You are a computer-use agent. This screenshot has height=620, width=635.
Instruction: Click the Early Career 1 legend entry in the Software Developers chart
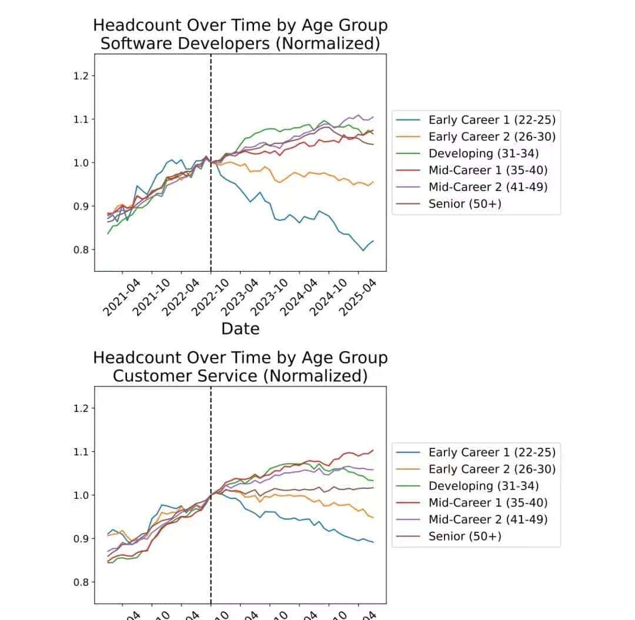tap(492, 120)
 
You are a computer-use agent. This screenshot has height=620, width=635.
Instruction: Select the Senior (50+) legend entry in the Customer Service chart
tap(464, 536)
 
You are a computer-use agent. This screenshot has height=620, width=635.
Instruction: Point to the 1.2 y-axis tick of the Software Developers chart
tap(81, 76)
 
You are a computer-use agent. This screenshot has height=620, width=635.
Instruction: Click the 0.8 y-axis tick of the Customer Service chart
tap(81, 582)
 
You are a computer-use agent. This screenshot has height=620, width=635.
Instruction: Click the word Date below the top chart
tap(240, 329)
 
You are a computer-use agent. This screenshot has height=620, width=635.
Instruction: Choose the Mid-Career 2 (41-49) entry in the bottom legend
tap(488, 520)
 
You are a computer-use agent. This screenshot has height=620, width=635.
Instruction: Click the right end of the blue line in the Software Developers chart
tap(373, 241)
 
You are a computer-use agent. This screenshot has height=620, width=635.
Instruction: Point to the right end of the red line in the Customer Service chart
tap(373, 450)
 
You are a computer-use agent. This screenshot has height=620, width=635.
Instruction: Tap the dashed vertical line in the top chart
tap(211, 176)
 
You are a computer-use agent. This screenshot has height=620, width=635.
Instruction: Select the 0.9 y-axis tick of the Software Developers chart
tap(81, 206)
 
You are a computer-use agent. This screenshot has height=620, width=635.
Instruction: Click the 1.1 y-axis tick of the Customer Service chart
tap(81, 452)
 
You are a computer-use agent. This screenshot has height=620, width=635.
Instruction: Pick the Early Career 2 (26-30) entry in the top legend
tap(492, 137)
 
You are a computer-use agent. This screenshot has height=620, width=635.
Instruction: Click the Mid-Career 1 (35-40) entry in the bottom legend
tap(488, 502)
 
